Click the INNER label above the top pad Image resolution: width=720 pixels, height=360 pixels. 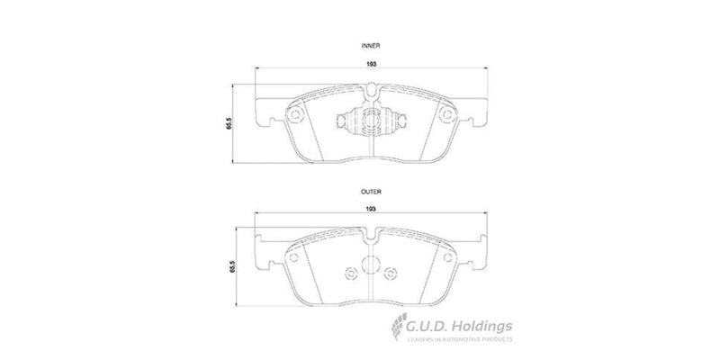pos(371,43)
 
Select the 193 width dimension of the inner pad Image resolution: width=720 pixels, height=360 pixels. pos(371,63)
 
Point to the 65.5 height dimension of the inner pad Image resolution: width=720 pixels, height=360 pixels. pos(230,124)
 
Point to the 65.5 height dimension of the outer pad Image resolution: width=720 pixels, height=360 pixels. pos(230,265)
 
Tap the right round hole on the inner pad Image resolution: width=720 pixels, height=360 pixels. pos(446,113)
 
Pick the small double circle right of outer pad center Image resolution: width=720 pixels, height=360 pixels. pos(391,274)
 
